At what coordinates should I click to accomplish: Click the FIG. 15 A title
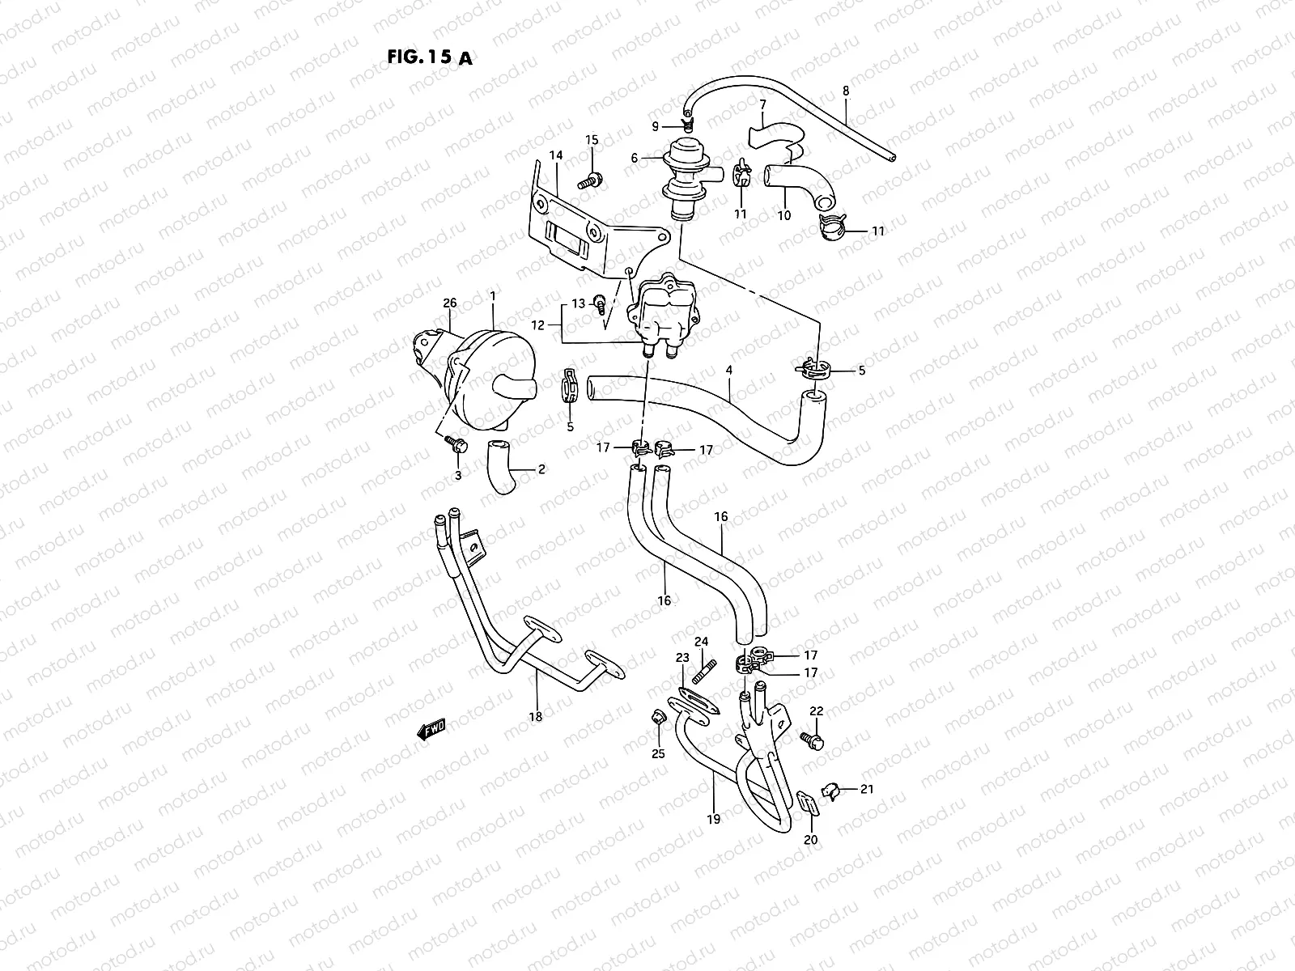[x=426, y=57]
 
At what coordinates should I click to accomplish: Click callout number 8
[x=846, y=91]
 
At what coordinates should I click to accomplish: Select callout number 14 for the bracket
[x=555, y=155]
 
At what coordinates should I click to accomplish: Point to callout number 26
[x=450, y=303]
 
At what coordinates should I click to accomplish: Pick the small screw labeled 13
[x=601, y=303]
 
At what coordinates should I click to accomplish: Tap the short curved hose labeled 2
[x=503, y=467]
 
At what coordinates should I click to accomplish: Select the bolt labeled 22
[x=812, y=739]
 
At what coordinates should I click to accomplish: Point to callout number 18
[x=535, y=715]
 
